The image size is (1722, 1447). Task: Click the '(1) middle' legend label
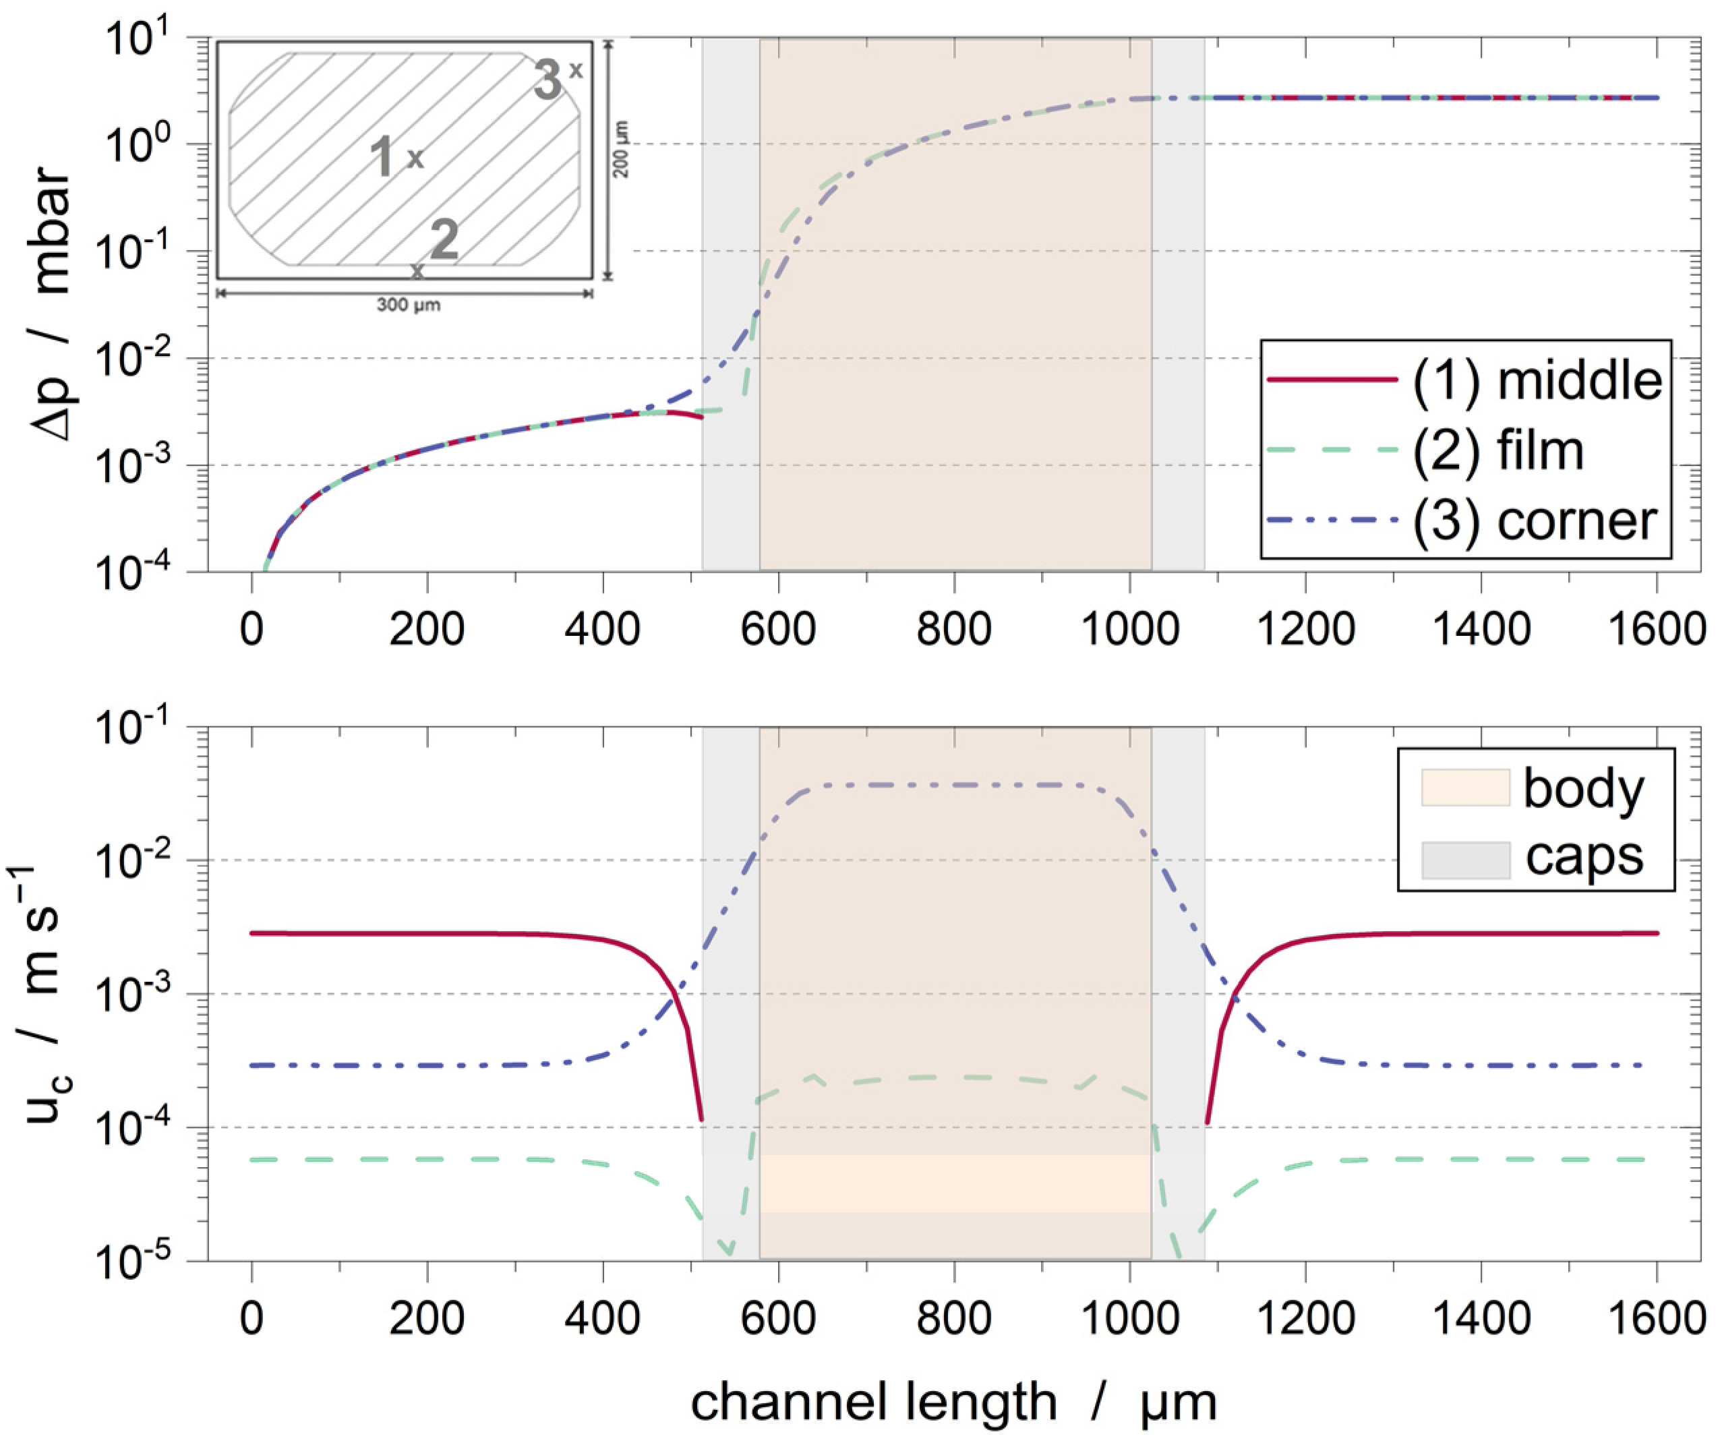[1536, 380]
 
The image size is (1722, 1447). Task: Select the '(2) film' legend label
[1497, 451]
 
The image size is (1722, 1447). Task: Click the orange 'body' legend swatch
[1464, 788]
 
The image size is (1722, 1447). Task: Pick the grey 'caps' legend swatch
[1464, 860]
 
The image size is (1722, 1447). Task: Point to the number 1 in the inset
[382, 156]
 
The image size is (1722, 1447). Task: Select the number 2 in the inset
[444, 239]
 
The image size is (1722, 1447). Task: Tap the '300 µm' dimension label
[408, 305]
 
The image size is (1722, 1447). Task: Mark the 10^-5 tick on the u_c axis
[144, 1261]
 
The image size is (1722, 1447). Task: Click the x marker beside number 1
[416, 158]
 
